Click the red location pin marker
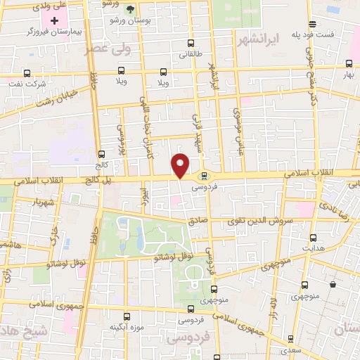pos(181,165)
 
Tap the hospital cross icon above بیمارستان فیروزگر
pos(54,20)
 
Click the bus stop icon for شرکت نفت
pos(27,72)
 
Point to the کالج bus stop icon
pos(102,154)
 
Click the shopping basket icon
pos(333,285)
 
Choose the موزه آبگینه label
pos(127,328)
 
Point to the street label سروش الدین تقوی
pos(264,221)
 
